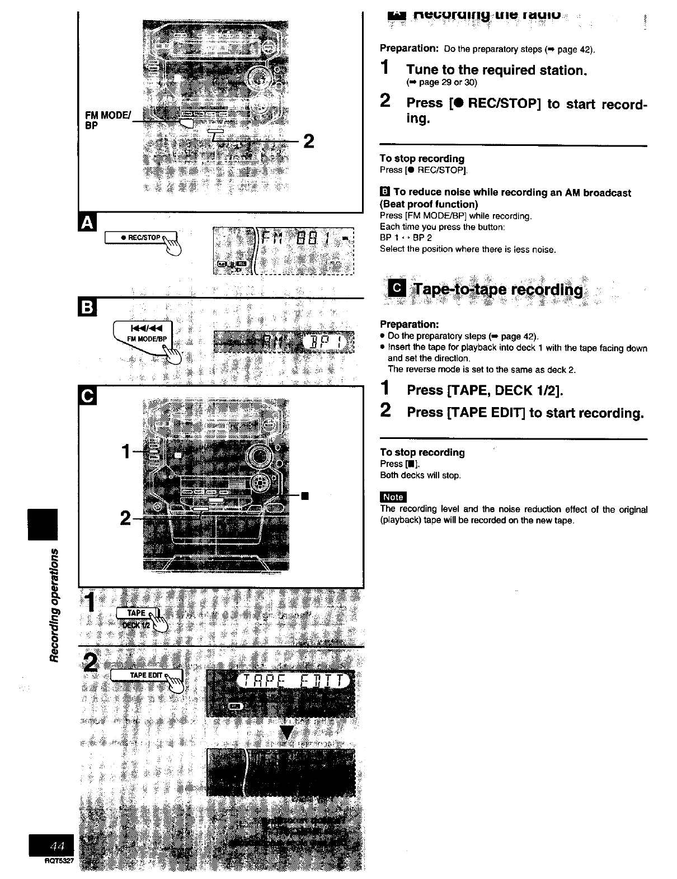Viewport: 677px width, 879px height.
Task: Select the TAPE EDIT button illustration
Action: pos(147,675)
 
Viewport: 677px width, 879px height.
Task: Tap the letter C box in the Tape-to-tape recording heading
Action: pos(397,289)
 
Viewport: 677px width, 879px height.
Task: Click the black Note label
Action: pos(393,497)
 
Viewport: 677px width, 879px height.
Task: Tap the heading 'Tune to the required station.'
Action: pos(496,70)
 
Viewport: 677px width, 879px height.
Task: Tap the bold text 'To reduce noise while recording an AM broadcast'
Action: pos(512,192)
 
